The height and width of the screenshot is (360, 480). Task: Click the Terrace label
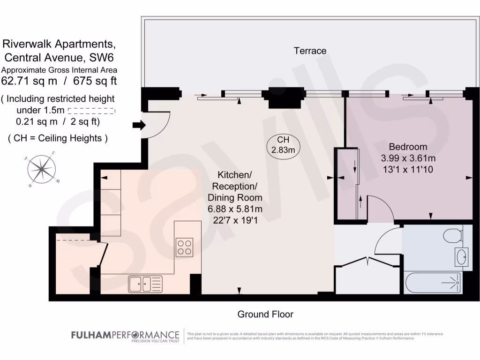pos(310,51)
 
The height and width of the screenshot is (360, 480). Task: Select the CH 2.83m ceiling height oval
pos(283,145)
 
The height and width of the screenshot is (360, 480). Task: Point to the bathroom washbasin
pos(461,257)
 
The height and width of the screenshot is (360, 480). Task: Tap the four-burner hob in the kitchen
pos(184,247)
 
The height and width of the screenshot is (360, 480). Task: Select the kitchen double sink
pos(145,283)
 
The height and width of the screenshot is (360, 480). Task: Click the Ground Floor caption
pos(265,314)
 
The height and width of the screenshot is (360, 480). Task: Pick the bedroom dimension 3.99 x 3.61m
pos(408,158)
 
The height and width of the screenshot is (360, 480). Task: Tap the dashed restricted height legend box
pos(91,111)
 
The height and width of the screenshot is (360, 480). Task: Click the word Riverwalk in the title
pos(28,45)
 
